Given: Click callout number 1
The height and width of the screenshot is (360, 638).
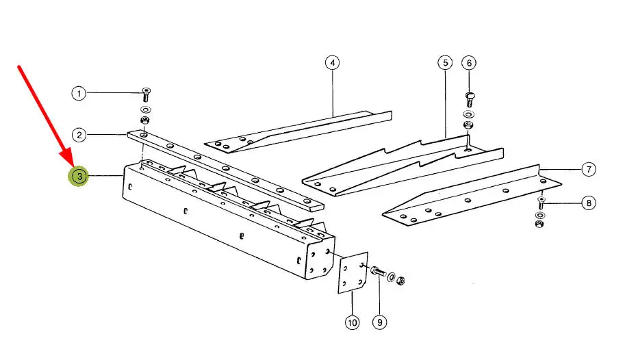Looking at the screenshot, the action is click(x=80, y=92).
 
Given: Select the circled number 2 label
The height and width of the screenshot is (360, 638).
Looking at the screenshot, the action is click(x=80, y=136).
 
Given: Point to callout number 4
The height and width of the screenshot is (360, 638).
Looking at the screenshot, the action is click(x=332, y=63).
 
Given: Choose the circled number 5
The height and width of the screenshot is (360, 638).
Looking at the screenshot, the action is click(x=445, y=63).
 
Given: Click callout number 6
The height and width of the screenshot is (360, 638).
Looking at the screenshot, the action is click(x=469, y=63).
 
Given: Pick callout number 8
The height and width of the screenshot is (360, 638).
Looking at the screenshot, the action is click(x=587, y=203).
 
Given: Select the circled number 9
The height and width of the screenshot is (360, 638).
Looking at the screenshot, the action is click(x=379, y=321).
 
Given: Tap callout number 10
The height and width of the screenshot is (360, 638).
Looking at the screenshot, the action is click(x=352, y=321).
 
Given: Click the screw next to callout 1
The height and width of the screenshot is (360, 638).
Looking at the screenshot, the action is click(x=146, y=93).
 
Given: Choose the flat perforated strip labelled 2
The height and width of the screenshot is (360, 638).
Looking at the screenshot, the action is click(x=226, y=170).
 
